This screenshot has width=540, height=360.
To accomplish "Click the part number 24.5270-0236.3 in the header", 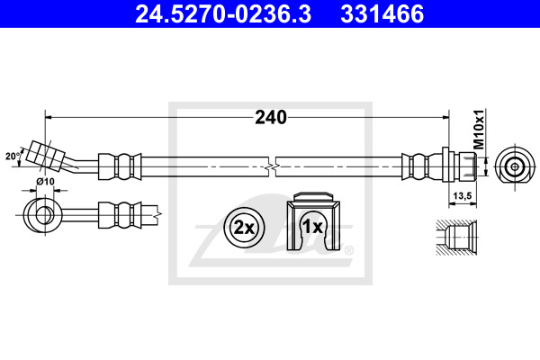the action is click(x=223, y=13).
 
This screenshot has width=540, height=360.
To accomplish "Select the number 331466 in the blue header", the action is click(x=382, y=13).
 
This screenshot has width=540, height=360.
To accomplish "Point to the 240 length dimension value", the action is click(x=271, y=118).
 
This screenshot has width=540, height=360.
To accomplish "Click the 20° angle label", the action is click(x=13, y=157).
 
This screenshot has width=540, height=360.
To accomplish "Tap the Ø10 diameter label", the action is click(x=45, y=181).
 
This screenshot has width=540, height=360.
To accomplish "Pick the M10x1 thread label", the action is click(x=479, y=129).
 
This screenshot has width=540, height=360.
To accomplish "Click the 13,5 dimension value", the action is click(x=463, y=195).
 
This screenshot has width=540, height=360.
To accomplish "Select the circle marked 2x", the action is click(x=244, y=228).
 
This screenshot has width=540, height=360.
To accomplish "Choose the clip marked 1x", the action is click(x=313, y=221).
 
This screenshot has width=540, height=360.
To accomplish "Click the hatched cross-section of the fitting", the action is click(x=456, y=238).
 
